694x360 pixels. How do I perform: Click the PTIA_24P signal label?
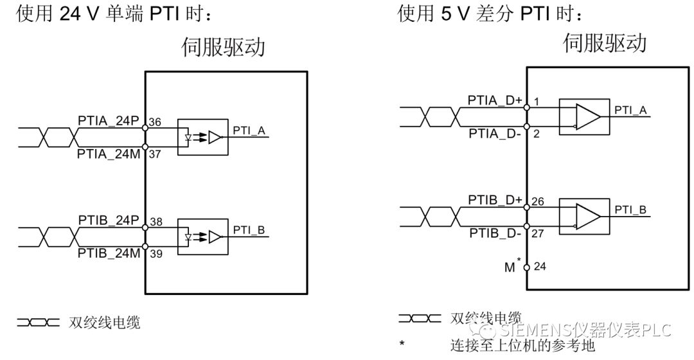click(108, 120)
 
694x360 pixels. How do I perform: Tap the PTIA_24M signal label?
click(108, 154)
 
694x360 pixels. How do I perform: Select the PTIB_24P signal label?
click(108, 221)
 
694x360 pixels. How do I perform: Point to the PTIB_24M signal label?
click(108, 253)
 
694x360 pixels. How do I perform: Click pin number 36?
click(155, 122)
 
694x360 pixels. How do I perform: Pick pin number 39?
click(155, 255)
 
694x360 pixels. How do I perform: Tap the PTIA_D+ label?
click(494, 100)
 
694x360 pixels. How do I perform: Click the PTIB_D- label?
click(495, 233)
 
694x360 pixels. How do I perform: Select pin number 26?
click(538, 202)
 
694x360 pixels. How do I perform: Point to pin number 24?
click(539, 266)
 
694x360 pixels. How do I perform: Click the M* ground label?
click(512, 266)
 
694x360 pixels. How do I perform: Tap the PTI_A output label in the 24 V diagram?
click(249, 130)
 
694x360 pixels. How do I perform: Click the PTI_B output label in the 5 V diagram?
click(630, 210)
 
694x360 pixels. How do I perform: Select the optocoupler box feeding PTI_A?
click(202, 137)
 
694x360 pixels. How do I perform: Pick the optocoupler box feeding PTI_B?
click(202, 237)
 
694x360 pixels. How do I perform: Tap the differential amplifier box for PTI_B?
click(584, 217)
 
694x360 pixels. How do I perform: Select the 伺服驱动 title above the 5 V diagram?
click(604, 42)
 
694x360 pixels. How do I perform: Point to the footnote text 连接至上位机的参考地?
click(522, 345)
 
